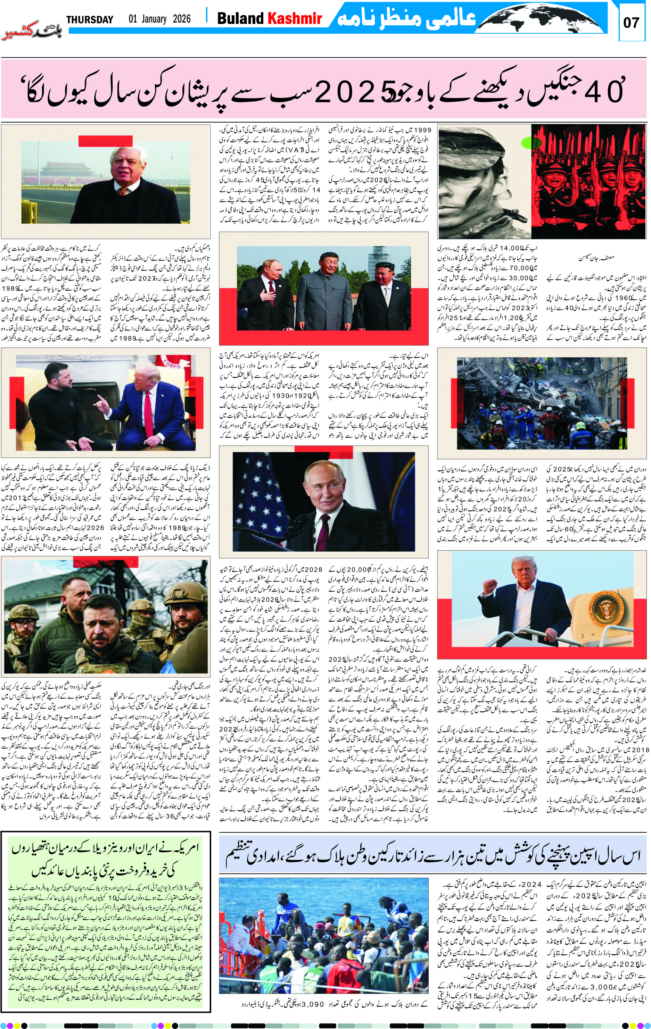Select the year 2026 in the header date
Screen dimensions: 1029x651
click(182, 19)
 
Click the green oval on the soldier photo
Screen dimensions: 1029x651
click(531, 142)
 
